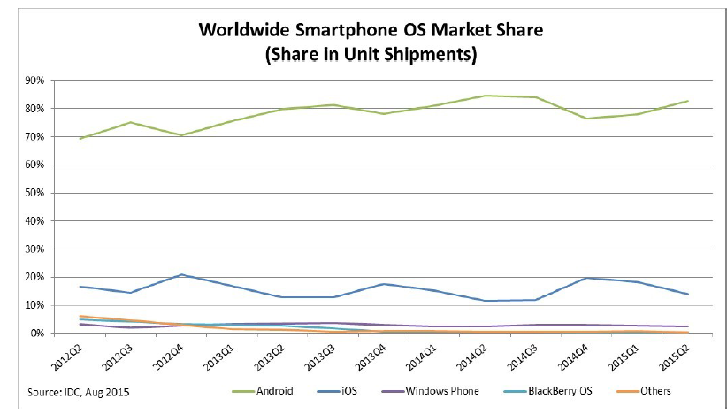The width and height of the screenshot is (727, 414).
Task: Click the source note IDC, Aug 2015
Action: (x=79, y=391)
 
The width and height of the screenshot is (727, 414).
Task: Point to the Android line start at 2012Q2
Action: (x=80, y=139)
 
